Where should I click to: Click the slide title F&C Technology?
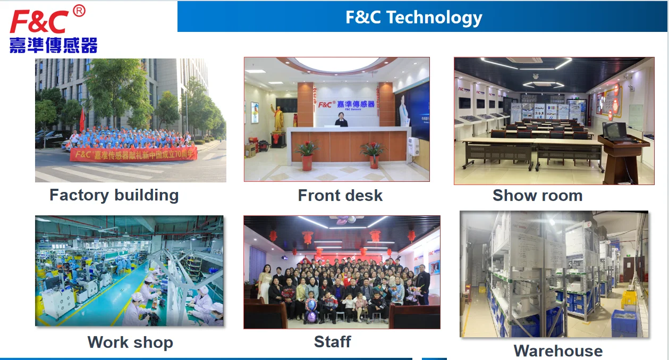414,17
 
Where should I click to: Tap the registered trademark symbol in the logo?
79,11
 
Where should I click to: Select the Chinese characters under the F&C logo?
53,45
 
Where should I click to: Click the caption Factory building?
114,195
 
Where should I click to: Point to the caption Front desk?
340,196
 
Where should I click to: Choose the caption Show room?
537,196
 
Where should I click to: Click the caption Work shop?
130,342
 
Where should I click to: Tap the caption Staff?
333,341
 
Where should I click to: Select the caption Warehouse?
558,351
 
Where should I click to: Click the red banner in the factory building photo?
133,154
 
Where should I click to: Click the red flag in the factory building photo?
82,119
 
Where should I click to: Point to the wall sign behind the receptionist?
346,104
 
